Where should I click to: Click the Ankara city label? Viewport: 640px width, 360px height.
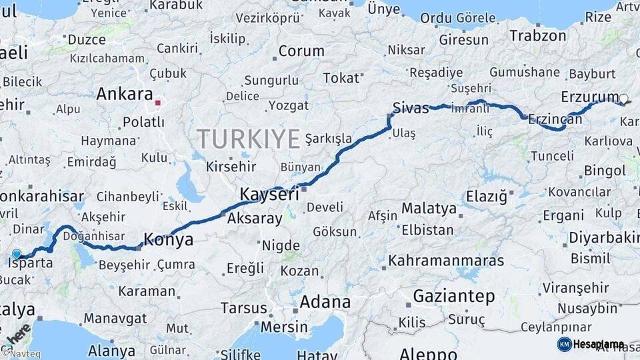[124, 94]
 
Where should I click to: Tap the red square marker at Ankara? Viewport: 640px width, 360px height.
[158, 103]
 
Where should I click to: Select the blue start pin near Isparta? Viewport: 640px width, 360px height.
[17, 254]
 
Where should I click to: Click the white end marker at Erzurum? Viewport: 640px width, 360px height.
[623, 99]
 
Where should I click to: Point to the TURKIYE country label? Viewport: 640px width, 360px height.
[248, 139]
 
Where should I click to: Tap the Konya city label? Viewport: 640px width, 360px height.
[169, 240]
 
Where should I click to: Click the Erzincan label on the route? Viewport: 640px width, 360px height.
[555, 119]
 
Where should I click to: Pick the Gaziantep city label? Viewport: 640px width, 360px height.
[454, 295]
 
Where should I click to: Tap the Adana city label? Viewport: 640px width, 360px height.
[325, 302]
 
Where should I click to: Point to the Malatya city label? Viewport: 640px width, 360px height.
[429, 208]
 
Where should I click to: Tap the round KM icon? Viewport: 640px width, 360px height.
[564, 344]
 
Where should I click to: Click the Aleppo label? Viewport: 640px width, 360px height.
[428, 353]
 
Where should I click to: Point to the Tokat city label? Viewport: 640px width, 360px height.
[341, 78]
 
